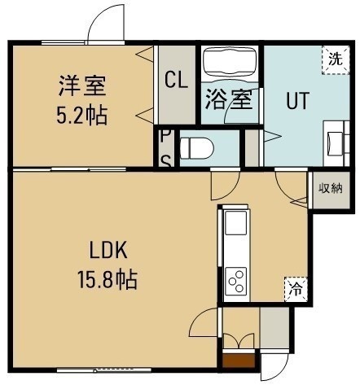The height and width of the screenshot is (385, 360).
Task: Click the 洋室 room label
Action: [x=82, y=85]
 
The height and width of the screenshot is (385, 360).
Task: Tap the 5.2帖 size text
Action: [x=81, y=115]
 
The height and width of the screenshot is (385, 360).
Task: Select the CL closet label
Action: [x=177, y=80]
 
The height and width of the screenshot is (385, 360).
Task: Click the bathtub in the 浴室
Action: [x=230, y=64]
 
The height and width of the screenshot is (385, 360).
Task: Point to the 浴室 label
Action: [x=229, y=98]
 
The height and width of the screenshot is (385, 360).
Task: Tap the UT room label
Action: [x=297, y=101]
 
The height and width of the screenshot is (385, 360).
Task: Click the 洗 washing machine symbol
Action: [x=336, y=59]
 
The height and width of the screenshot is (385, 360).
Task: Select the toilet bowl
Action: [x=197, y=148]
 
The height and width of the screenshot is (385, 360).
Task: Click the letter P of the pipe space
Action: [x=162, y=136]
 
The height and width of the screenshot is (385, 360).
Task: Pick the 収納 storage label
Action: [x=331, y=188]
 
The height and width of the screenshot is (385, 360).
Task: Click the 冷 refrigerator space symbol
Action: [x=296, y=289]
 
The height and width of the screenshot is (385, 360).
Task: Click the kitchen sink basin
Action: [x=236, y=223]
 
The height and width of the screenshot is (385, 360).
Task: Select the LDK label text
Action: [x=108, y=251]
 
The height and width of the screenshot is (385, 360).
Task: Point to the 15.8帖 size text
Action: [x=108, y=280]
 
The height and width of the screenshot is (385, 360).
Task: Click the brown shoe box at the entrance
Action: [x=239, y=361]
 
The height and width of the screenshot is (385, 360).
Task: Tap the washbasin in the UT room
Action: [x=336, y=143]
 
